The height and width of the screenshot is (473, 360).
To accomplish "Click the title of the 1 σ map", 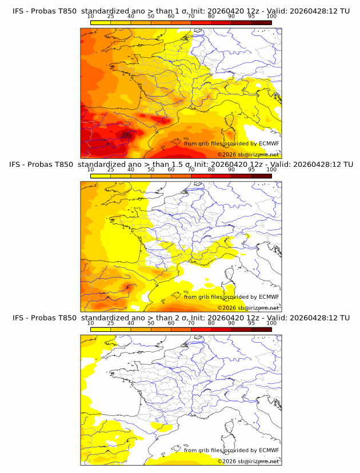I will pos(181,10).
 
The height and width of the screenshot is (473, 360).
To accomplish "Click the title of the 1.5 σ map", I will pos(181,164).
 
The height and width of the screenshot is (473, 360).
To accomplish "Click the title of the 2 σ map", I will pos(181,318).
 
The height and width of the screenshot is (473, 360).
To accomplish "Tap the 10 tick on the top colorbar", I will pos(90,16).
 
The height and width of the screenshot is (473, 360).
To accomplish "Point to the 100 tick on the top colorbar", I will pos(271,16).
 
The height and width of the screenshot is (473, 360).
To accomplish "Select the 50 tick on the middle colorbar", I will pos(151,170).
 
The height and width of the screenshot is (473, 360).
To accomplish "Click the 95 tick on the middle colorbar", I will pos(251,170).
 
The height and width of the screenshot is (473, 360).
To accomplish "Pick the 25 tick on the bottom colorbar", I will pos(110,323).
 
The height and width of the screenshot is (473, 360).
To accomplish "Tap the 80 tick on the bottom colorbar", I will pos(211,323).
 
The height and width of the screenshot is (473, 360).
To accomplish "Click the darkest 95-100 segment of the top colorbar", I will pos(261,22).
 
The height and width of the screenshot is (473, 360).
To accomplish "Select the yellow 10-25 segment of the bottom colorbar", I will pos(100,330).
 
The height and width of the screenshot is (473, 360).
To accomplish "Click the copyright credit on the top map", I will pos(248,154).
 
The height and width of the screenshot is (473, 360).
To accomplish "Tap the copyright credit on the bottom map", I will pos(248,461).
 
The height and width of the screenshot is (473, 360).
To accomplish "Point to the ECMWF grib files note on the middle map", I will pos(231,296).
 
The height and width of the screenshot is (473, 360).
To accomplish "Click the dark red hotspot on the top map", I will pos(126,135).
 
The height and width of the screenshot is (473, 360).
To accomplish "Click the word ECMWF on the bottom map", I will pos(269,450).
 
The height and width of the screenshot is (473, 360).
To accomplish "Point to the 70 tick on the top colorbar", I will pos(191,16).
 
